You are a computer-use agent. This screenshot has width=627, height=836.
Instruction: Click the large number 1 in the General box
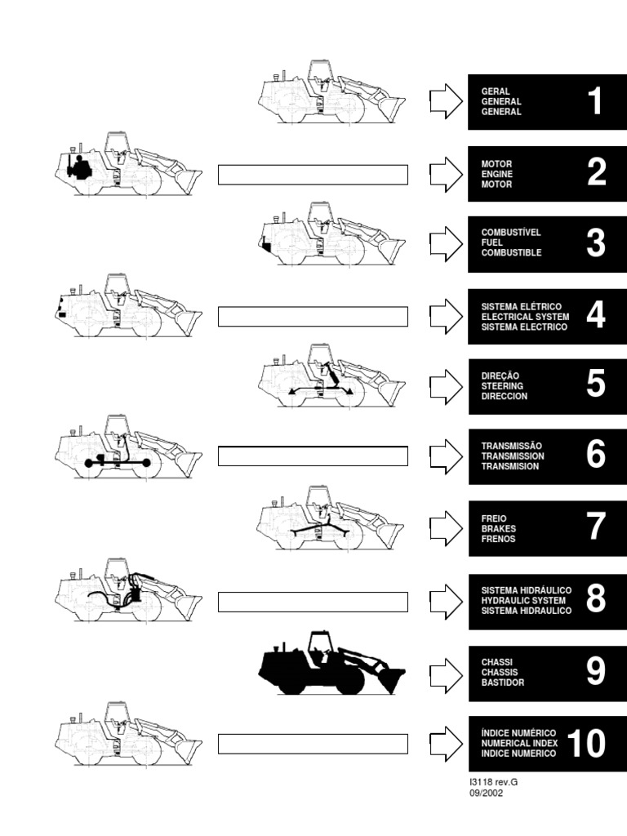[595, 101]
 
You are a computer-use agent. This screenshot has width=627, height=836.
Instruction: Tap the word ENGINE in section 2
[497, 175]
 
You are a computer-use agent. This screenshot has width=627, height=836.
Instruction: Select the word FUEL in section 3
[491, 242]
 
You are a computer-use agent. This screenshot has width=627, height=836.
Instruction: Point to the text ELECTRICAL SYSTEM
[525, 317]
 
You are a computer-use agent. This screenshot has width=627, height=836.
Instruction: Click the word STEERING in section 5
[502, 386]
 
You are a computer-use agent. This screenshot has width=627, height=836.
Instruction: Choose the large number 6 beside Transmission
[595, 454]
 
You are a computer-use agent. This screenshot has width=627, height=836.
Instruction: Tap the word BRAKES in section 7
[499, 529]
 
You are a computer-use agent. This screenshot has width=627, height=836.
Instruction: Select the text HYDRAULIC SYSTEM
[523, 600]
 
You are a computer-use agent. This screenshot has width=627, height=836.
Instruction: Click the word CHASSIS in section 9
[500, 673]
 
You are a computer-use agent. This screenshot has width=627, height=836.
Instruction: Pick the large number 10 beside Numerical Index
[586, 743]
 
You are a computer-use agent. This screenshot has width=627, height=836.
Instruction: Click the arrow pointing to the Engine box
[447, 175]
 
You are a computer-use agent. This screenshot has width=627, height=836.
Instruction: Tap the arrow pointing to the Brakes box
[447, 528]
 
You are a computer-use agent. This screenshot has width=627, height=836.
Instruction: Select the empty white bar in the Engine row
[313, 175]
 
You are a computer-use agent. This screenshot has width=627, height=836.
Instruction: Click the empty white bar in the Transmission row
[313, 456]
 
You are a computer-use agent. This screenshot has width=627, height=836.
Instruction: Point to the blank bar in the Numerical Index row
[313, 744]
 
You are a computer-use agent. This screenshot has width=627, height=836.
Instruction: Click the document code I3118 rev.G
[493, 782]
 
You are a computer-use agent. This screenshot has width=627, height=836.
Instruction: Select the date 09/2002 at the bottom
[486, 793]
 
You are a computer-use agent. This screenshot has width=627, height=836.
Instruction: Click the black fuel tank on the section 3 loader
[266, 246]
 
